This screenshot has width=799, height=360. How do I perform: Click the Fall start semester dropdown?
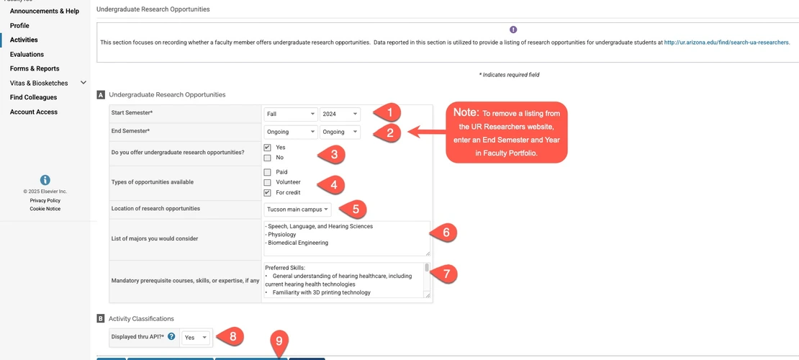[291, 114]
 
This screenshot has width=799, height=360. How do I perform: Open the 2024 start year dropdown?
[340, 114]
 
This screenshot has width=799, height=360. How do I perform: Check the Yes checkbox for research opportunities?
[268, 148]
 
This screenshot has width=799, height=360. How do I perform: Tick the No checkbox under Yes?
[268, 158]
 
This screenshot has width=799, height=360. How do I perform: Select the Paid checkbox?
[268, 172]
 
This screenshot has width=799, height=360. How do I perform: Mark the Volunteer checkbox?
[268, 182]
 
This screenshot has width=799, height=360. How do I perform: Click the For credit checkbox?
[268, 192]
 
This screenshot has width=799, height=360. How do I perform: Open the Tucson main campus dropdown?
[298, 210]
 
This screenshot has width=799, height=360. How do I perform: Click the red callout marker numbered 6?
[445, 232]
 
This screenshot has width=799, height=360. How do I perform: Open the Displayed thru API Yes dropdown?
[195, 337]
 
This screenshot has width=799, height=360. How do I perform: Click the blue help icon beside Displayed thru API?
[171, 336]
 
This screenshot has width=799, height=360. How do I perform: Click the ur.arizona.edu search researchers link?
[726, 42]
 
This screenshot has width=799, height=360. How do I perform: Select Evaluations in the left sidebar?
[27, 54]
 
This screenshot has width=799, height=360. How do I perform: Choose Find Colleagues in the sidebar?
[33, 97]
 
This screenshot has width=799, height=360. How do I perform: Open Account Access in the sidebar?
[34, 112]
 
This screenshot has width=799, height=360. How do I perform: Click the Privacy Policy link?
[45, 200]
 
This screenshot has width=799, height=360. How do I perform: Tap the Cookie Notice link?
[45, 209]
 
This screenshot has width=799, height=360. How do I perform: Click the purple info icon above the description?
[513, 30]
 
